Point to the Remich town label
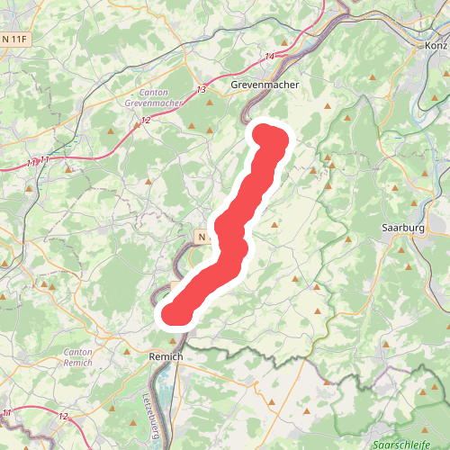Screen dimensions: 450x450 click(x=165, y=357)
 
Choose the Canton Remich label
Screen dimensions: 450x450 click(x=78, y=356)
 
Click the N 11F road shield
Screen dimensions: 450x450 click(x=14, y=39)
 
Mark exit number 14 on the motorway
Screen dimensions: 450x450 click(x=269, y=57)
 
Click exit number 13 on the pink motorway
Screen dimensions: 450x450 click(x=200, y=90)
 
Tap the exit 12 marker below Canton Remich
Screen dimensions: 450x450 click(x=63, y=416)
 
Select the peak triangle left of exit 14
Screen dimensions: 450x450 click(x=210, y=103)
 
